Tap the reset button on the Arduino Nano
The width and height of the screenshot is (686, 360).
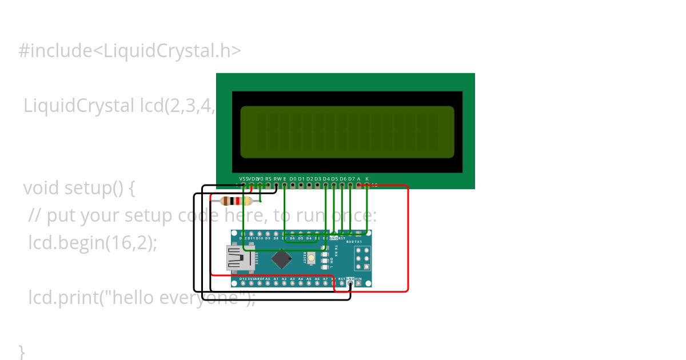(x=312, y=258)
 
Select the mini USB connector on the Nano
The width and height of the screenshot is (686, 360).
(x=240, y=258)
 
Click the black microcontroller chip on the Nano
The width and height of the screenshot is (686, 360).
(x=282, y=259)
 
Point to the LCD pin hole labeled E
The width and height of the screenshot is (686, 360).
(x=285, y=185)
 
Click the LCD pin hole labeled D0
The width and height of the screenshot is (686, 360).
(x=293, y=185)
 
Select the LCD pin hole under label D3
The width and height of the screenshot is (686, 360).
(x=318, y=185)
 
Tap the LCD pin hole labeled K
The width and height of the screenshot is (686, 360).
(x=367, y=185)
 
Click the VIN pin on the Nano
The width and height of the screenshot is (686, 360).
(x=358, y=283)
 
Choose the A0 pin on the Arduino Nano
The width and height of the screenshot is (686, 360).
(x=268, y=283)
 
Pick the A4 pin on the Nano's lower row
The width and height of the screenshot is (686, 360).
(x=301, y=283)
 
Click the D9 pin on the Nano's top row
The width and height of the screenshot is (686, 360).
(x=268, y=234)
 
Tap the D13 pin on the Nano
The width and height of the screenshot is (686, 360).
(x=243, y=283)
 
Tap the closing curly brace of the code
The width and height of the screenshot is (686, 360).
(x=22, y=351)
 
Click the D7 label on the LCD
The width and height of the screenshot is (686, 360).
(x=351, y=178)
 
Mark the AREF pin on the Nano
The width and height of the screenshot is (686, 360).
(x=260, y=283)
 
